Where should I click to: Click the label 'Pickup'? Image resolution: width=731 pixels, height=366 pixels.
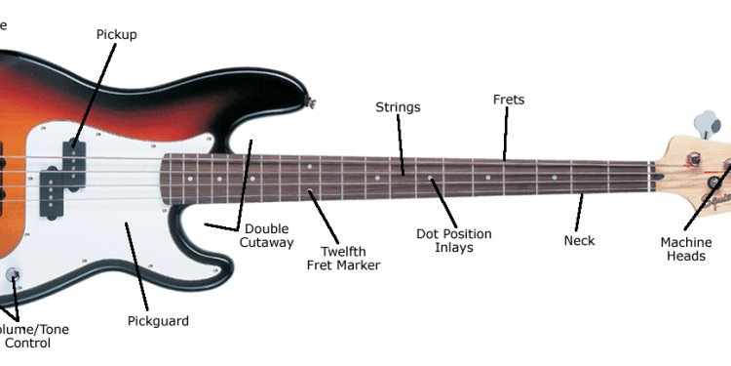[x=116, y=35]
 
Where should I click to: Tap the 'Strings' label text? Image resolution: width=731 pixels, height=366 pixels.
[x=398, y=107]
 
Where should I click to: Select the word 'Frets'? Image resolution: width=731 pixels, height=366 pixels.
[x=508, y=100]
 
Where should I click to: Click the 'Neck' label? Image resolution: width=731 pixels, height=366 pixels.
[x=579, y=240]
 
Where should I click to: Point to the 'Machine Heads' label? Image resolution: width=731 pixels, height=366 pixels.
[x=685, y=249]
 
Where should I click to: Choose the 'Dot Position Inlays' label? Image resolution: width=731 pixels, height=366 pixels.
[x=453, y=241]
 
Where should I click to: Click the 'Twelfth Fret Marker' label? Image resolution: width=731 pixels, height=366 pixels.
[x=343, y=258]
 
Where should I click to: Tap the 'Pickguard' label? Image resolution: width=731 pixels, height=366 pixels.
[x=158, y=321]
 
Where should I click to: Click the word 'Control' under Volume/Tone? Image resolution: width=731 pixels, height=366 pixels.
[x=27, y=344]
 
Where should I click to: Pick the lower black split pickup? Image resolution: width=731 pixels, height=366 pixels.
[x=52, y=191]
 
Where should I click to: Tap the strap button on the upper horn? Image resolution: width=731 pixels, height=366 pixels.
[x=312, y=101]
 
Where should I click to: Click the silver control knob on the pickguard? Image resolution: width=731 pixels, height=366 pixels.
[x=13, y=274]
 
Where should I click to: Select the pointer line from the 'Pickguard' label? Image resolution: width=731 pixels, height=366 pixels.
[x=136, y=267]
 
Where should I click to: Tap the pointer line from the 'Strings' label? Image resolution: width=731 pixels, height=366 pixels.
[x=401, y=146]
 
